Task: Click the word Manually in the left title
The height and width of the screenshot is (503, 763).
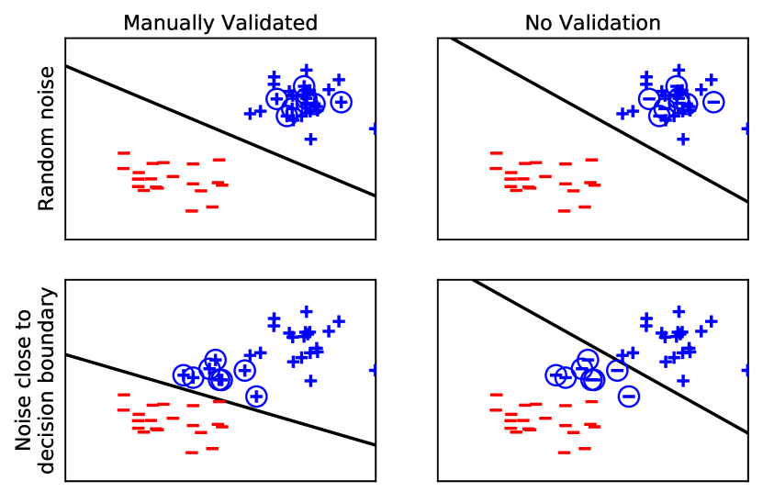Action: click(163, 23)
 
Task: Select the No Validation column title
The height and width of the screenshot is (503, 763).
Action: click(592, 23)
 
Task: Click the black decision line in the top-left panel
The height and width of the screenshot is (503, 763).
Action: click(220, 130)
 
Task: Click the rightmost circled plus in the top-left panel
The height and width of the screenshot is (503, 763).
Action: click(341, 102)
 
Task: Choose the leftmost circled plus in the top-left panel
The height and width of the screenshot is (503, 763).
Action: click(275, 98)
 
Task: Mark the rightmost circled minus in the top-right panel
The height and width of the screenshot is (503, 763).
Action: click(713, 102)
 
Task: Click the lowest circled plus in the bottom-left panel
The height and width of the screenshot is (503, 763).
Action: click(256, 396)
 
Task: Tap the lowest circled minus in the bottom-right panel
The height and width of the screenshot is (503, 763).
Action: click(629, 396)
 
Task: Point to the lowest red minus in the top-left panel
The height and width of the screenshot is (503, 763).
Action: click(191, 210)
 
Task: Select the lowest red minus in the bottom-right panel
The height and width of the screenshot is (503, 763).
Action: click(564, 452)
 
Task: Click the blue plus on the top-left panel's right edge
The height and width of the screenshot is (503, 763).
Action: click(374, 129)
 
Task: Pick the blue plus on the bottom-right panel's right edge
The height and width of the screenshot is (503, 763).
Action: click(746, 370)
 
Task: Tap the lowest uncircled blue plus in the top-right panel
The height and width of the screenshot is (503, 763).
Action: click(683, 139)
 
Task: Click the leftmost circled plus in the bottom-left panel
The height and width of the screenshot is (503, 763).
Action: click(184, 374)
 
